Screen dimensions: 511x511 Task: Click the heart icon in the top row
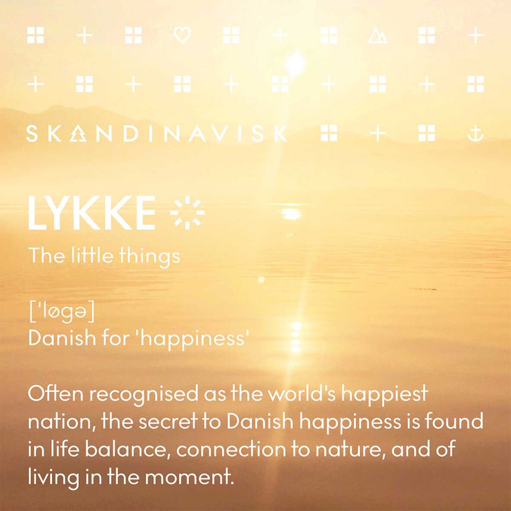pos(182,35)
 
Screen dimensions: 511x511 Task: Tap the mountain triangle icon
pos(378,36)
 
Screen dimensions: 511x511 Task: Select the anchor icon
pos(475,133)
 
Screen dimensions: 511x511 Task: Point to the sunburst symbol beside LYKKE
pos(188,213)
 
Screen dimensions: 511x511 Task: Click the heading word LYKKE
pos(92,213)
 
